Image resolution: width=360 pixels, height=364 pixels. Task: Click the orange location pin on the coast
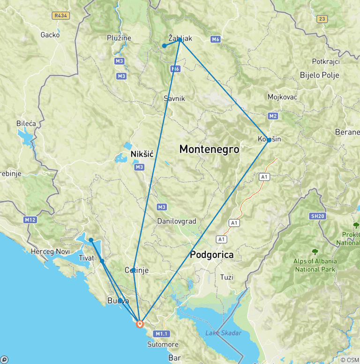point(140,324)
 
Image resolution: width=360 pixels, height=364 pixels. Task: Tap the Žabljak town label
point(180,39)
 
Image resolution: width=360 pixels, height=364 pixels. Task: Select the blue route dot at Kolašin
point(269,140)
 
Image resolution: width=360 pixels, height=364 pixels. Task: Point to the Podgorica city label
point(211,255)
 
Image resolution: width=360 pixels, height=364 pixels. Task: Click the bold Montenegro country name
point(209,150)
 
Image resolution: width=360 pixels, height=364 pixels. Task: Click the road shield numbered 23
point(322,19)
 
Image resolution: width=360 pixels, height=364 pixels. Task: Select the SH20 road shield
point(317,216)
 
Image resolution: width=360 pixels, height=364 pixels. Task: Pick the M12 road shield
point(30,220)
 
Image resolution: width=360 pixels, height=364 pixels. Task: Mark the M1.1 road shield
point(162,334)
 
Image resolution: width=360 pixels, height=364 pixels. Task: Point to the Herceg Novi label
point(50,251)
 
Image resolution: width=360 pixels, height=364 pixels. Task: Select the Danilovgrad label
point(177,221)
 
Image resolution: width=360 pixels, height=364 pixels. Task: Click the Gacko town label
point(50,34)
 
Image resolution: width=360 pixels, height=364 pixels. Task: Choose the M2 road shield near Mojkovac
point(273,115)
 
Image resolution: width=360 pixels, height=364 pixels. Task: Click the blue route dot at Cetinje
point(134,270)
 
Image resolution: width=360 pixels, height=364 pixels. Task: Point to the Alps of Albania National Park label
point(315,265)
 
